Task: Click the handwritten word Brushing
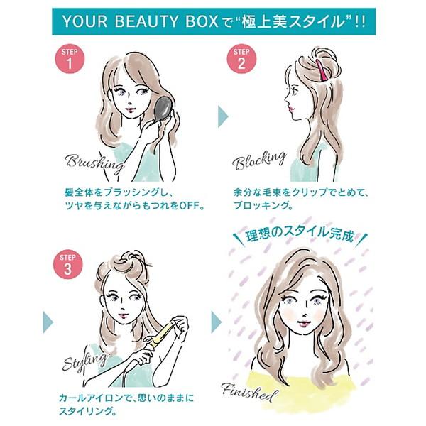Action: coord(94,163)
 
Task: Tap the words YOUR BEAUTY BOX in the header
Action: coord(142,21)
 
